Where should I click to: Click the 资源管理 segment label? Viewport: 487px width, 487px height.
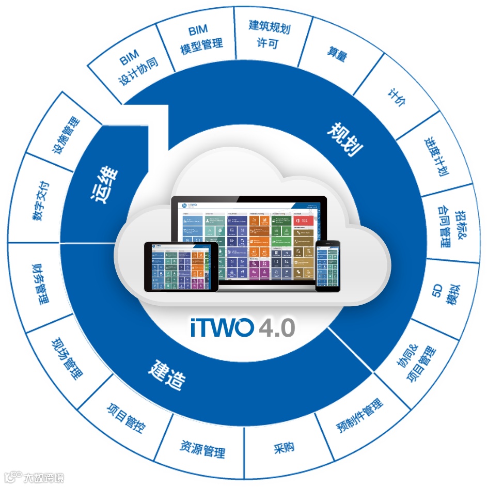click(203, 448)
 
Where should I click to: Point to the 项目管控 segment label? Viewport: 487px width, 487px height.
click(126, 418)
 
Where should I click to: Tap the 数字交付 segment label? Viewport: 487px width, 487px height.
click(41, 201)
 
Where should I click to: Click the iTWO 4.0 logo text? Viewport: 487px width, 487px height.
click(243, 327)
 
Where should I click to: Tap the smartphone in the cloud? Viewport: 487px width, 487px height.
click(327, 265)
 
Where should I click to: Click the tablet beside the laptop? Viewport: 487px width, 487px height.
click(181, 267)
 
